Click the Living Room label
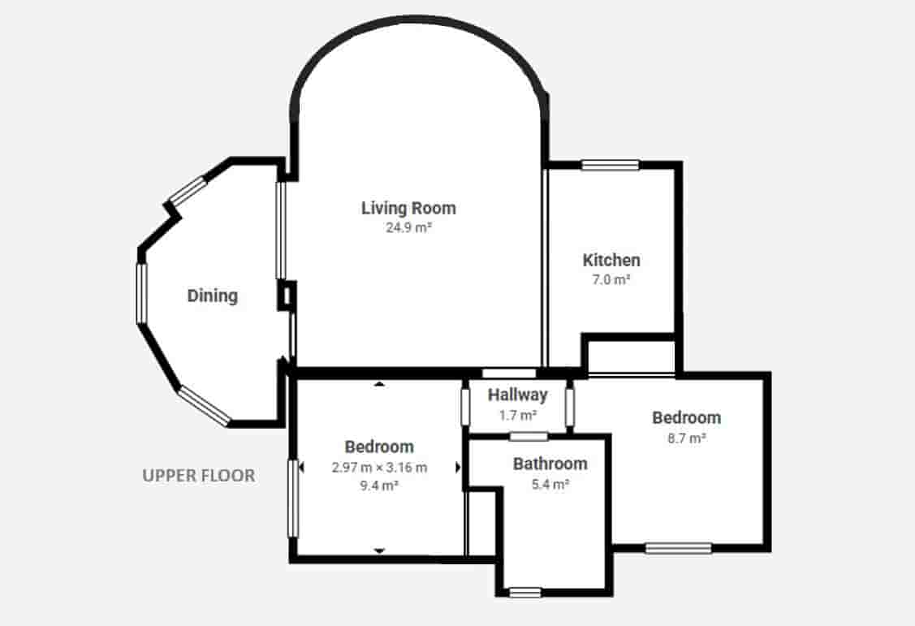click(408, 208)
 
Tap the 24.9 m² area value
click(408, 228)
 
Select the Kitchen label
click(611, 261)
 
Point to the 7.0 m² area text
click(611, 279)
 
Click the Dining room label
click(213, 296)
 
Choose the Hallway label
click(517, 395)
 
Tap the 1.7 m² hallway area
click(517, 415)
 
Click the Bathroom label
click(550, 464)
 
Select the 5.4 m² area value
click(550, 483)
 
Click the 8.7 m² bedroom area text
click(686, 437)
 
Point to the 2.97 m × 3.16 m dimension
click(379, 467)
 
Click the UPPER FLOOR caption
click(199, 476)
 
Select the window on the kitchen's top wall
click(610, 166)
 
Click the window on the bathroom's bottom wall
click(524, 593)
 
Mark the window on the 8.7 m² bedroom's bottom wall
click(678, 548)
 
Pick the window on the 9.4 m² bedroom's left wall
click(293, 498)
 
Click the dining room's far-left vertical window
click(141, 293)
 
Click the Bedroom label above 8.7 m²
click(686, 417)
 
